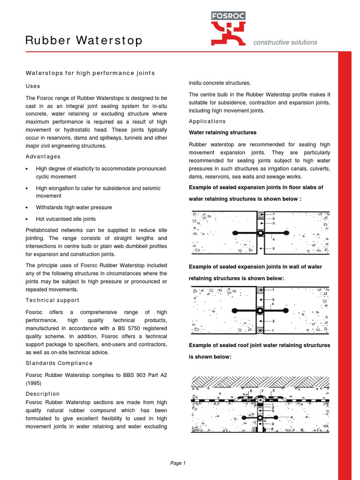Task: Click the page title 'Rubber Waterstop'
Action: [x=84, y=41]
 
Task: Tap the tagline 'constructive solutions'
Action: [x=285, y=42]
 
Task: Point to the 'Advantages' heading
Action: [x=43, y=157]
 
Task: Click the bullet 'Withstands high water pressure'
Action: [x=74, y=207]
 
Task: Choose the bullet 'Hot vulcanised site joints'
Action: [x=66, y=219]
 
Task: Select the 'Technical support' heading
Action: [x=52, y=300]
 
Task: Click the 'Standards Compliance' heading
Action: [x=59, y=363]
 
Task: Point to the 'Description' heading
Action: [x=43, y=394]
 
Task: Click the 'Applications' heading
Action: [x=207, y=121]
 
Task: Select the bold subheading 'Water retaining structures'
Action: [x=223, y=133]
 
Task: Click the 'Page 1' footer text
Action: [x=178, y=463]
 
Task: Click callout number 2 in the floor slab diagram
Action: [x=273, y=218]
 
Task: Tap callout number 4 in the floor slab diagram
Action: [x=273, y=240]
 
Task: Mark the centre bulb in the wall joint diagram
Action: [x=259, y=310]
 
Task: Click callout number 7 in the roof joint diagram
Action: [x=262, y=390]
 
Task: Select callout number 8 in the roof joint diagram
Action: [x=272, y=428]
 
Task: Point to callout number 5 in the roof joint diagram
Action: [x=273, y=390]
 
